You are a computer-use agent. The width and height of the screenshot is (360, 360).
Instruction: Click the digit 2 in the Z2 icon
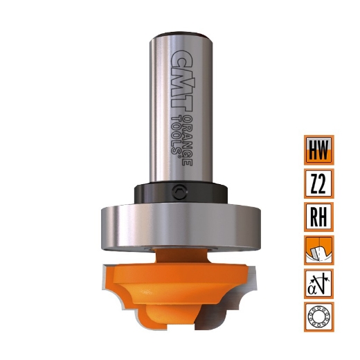click(x=324, y=183)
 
